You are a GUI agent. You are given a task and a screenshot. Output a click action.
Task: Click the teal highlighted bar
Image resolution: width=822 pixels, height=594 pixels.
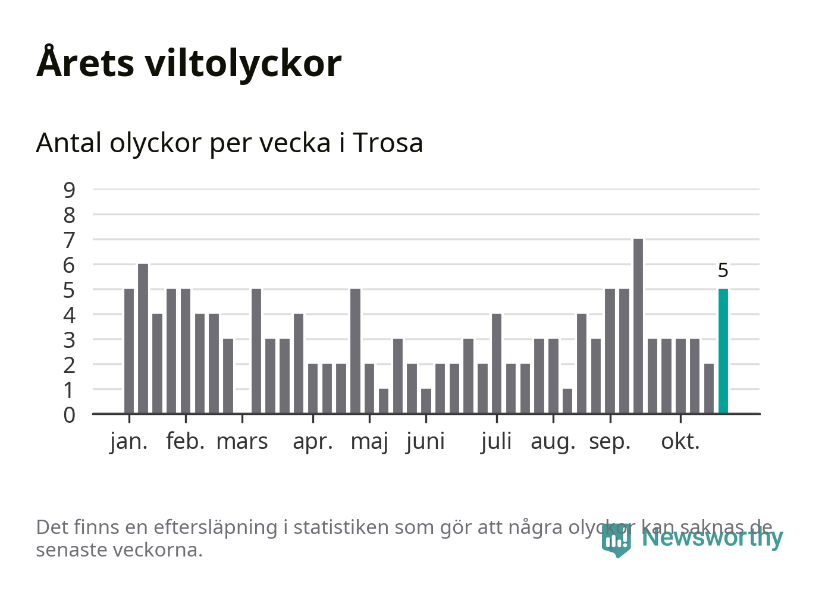723,351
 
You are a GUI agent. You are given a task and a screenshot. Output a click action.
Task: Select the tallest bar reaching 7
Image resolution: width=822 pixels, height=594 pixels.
638,326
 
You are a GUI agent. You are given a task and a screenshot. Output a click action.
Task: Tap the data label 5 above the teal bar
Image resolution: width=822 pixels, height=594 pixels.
723,271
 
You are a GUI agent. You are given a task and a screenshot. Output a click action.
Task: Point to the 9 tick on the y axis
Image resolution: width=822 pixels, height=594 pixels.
70,190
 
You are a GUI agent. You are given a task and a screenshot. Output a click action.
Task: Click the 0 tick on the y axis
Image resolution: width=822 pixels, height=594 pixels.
70,414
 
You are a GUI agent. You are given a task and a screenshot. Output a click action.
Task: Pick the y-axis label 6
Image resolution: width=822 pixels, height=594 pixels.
70,265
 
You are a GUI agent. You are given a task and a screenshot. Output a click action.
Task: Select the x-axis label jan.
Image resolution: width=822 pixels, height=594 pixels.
128,442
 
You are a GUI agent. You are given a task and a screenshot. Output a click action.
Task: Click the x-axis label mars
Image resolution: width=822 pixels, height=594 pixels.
242,442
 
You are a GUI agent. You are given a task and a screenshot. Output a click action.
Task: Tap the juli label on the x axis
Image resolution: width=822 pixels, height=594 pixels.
496,442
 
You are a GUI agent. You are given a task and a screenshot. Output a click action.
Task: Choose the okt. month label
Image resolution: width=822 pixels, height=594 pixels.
680,442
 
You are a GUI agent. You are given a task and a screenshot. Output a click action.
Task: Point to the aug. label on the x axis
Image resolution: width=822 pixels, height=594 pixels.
553,442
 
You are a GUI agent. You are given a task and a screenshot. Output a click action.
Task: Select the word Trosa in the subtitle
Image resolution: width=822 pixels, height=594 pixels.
388,143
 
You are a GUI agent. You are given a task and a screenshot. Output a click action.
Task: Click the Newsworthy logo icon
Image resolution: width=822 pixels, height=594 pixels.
616,540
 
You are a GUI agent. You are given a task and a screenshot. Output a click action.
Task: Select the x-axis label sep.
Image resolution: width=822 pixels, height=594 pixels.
610,442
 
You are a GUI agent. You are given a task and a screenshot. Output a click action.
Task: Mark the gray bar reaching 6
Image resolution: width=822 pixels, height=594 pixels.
143,338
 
